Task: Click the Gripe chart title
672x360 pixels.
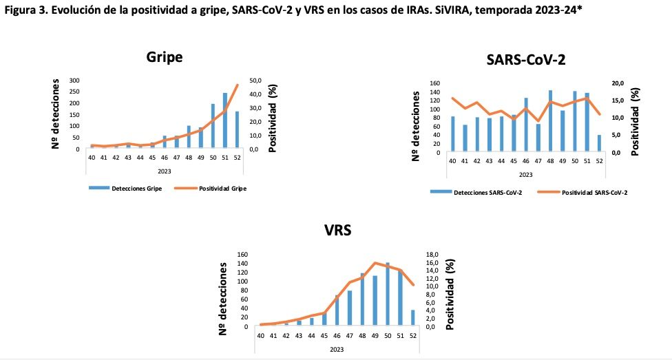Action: tap(165, 57)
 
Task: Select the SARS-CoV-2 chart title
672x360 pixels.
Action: tap(525, 60)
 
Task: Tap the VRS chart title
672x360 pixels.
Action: tap(337, 231)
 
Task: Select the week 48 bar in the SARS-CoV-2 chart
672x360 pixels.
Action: tap(550, 121)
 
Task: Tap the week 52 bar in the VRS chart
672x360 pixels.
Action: tap(413, 317)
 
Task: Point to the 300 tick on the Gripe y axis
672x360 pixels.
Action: tap(74, 80)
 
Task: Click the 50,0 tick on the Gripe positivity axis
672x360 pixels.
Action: tap(257, 80)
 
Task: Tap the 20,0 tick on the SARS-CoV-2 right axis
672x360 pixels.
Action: tap(618, 83)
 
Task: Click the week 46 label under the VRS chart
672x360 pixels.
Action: tap(337, 335)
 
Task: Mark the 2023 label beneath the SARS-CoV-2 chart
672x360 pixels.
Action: tap(525, 174)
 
